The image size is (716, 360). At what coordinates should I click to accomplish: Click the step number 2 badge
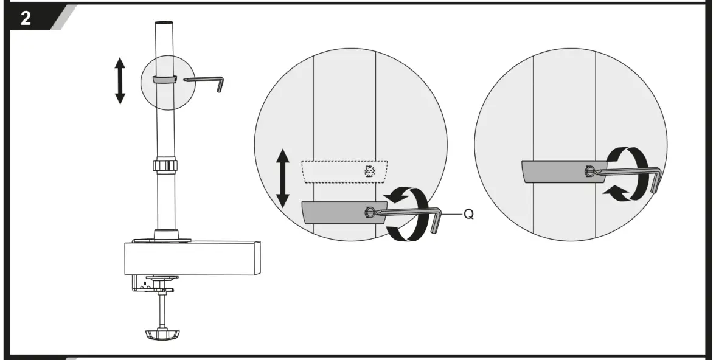coord(26,18)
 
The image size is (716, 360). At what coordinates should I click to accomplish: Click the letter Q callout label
coord(469,215)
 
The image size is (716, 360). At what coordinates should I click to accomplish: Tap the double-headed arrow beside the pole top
coord(120,80)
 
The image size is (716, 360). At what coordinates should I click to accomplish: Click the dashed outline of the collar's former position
coord(344,171)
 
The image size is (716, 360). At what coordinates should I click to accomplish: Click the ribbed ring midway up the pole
coord(165,166)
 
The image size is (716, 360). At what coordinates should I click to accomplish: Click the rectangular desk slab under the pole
coord(192,257)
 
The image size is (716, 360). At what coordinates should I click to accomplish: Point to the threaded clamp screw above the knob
coord(162,309)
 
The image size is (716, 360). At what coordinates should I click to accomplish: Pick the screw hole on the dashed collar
coord(369,171)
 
